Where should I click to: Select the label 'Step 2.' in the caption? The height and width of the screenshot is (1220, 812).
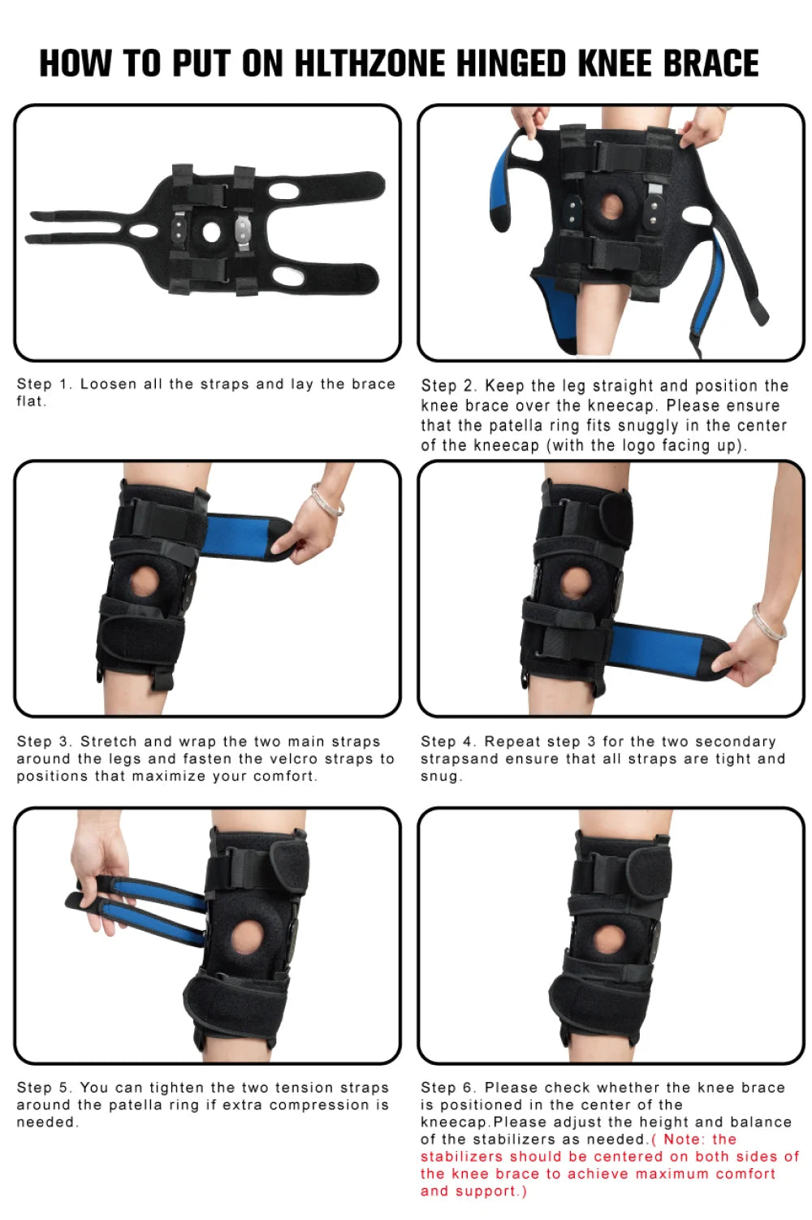click(449, 386)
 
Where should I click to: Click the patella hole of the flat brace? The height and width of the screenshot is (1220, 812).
click(211, 232)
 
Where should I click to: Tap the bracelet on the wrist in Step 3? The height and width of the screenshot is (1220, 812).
click(326, 500)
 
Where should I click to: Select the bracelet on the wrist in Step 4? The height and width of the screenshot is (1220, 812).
click(768, 621)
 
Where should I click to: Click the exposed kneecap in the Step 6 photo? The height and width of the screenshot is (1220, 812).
click(608, 940)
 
